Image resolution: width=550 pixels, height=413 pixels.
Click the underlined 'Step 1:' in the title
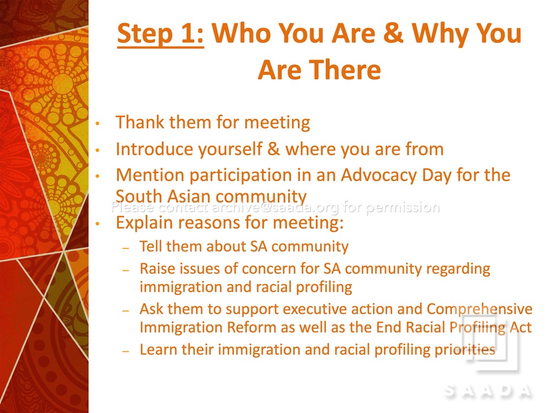coord(160,34)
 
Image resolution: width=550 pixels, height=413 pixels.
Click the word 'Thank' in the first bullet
coord(139,122)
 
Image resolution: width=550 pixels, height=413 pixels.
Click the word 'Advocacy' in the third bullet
coord(378,175)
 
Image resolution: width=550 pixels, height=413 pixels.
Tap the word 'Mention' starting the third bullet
coord(150,175)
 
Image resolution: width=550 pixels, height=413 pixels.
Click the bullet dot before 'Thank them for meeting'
coord(98,123)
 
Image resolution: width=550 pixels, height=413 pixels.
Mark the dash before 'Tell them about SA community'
coord(126,248)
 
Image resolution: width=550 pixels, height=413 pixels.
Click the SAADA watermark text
coord(488,390)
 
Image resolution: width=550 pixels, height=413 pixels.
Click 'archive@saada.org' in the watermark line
coord(276,207)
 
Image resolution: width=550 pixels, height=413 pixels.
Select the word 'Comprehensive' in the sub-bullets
coord(480,309)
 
